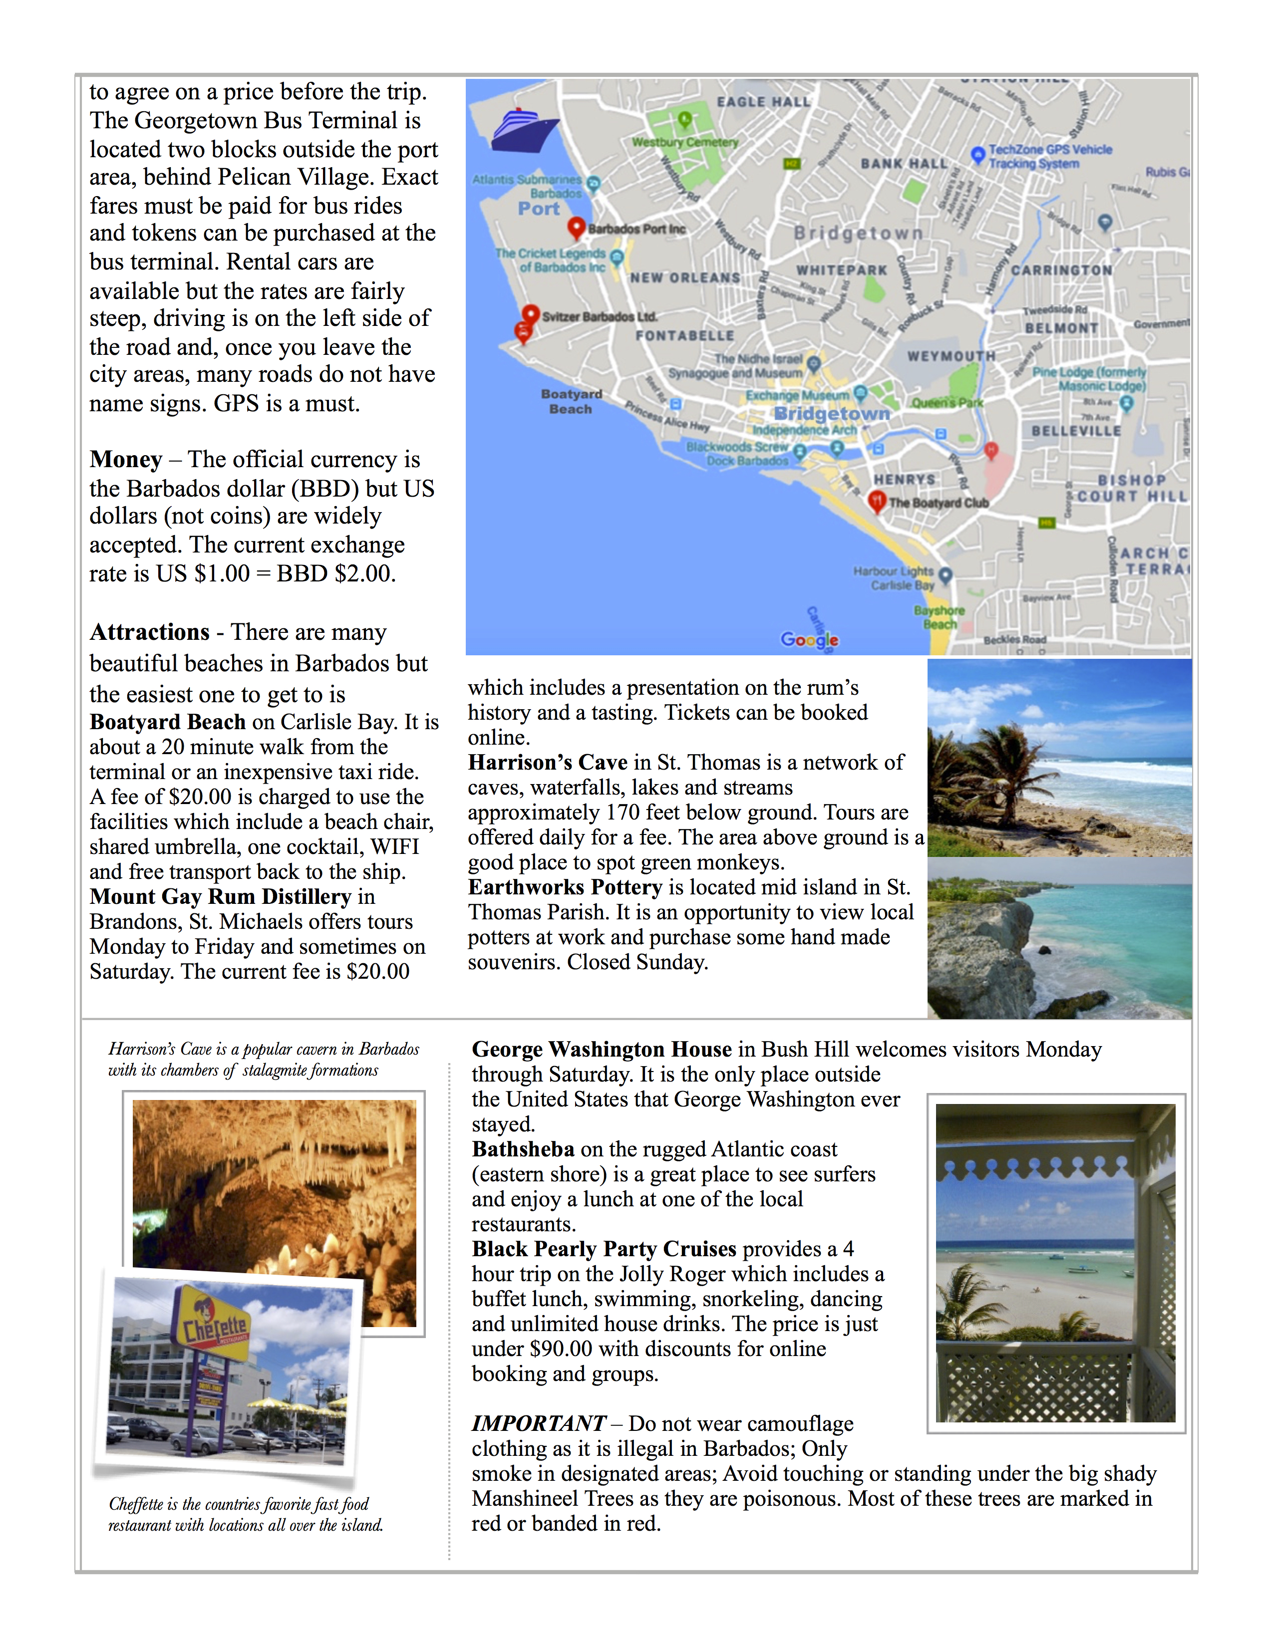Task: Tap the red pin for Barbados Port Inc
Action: click(576, 227)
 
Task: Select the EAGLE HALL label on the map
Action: click(763, 102)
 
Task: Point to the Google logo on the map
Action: click(809, 639)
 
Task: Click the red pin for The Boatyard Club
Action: click(876, 501)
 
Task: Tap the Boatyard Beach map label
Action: click(571, 401)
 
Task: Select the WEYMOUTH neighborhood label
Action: click(951, 355)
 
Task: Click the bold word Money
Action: click(126, 459)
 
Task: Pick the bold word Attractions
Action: click(149, 632)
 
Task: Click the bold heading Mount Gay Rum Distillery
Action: click(220, 897)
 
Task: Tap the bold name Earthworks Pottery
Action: click(565, 887)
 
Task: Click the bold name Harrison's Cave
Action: click(548, 763)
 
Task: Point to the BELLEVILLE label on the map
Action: click(1076, 431)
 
